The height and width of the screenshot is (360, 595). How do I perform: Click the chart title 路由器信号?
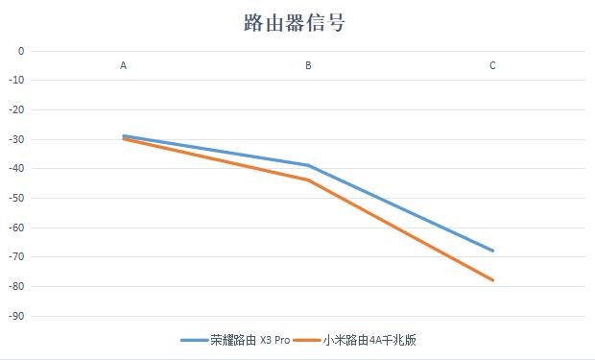[295, 23]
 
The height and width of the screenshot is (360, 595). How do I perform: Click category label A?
[123, 66]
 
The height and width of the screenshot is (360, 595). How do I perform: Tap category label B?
[308, 66]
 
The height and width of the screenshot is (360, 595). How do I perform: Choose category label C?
[492, 66]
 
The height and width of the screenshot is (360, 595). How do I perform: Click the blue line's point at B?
[308, 165]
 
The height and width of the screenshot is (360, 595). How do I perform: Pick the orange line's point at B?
[308, 180]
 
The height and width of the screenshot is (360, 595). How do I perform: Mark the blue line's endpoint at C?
[492, 251]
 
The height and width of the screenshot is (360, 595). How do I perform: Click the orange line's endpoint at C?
[492, 280]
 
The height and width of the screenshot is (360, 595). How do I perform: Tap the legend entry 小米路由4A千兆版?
[369, 340]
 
